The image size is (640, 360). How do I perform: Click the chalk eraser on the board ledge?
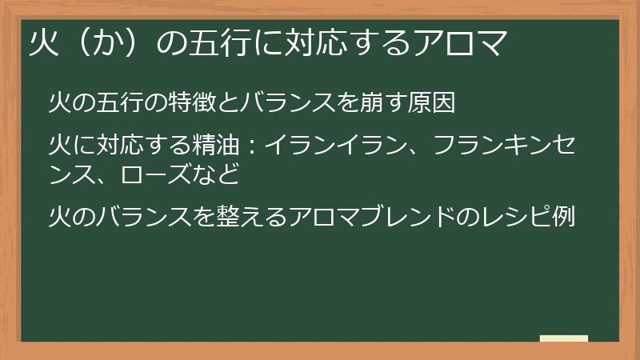pyautogui.click(x=564, y=338)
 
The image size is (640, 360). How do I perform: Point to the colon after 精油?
pyautogui.click(x=249, y=146)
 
